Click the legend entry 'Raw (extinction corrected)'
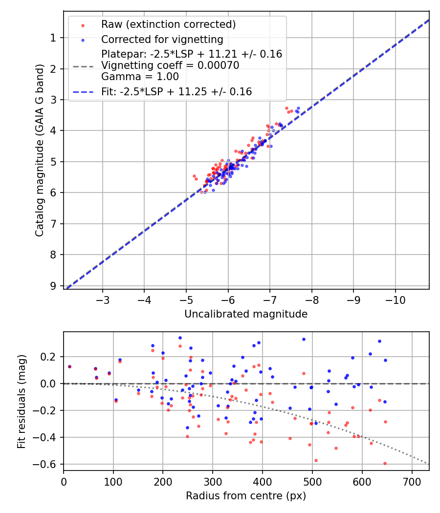pos(168,24)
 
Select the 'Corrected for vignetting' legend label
pos(162,40)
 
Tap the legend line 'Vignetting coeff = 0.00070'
pos(170,65)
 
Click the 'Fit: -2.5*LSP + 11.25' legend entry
pos(176,91)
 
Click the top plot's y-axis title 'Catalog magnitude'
pos(40,150)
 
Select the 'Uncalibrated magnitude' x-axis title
pos(246,314)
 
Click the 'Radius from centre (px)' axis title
pos(246,496)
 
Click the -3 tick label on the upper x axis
pos(103,299)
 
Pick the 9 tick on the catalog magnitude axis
pos(53,286)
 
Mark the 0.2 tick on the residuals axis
pos(51,357)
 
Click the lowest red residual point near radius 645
pos(385,463)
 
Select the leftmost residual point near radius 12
pos(69,366)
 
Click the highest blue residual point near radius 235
pos(180,338)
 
